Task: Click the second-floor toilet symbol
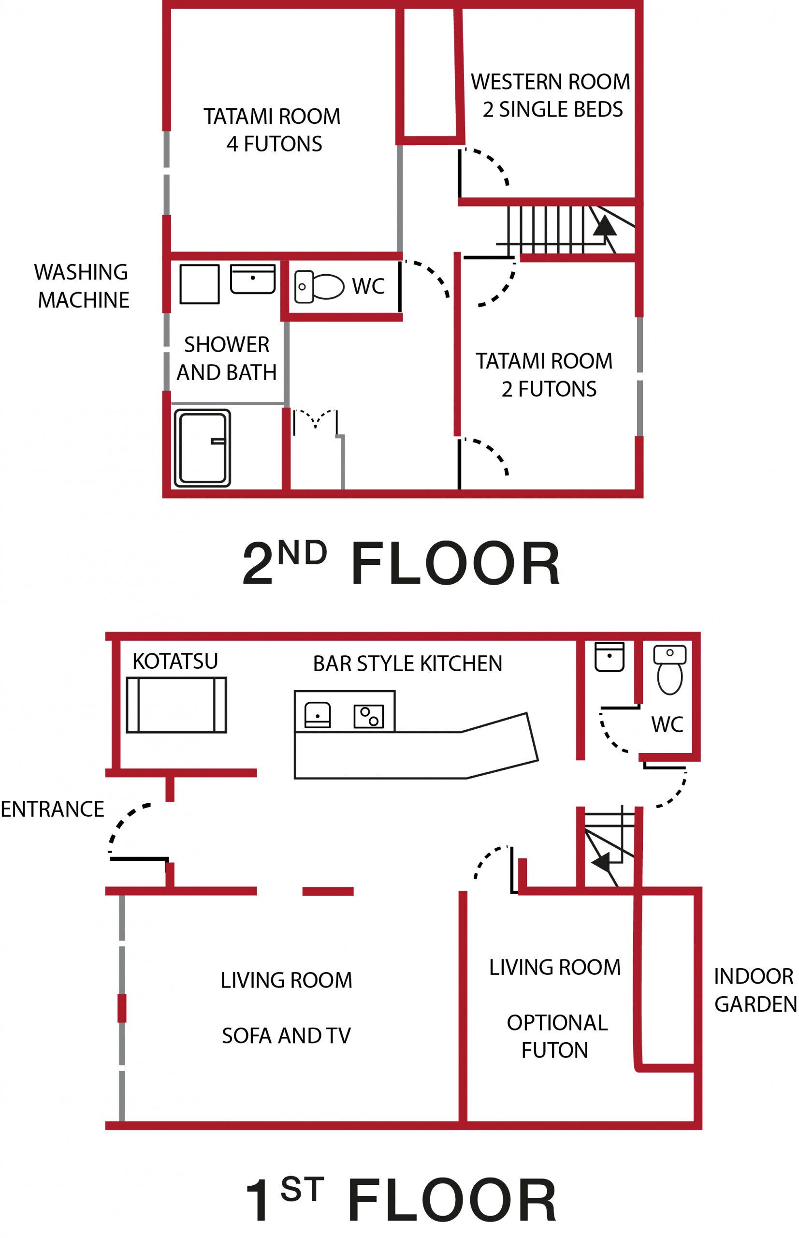point(319,286)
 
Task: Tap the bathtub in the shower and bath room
point(203,448)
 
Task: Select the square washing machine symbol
point(200,284)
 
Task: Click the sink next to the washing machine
point(253,279)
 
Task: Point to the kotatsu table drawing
point(176,705)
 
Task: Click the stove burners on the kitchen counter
point(369,716)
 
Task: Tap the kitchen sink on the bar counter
point(318,715)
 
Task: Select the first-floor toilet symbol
point(670,669)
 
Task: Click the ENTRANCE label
point(52,809)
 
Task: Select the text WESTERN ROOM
point(551,82)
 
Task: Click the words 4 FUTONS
point(274,144)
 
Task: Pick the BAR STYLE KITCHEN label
point(407,663)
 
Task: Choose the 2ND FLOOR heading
point(401,563)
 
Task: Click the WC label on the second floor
point(368,286)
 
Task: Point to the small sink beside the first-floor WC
point(609,657)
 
